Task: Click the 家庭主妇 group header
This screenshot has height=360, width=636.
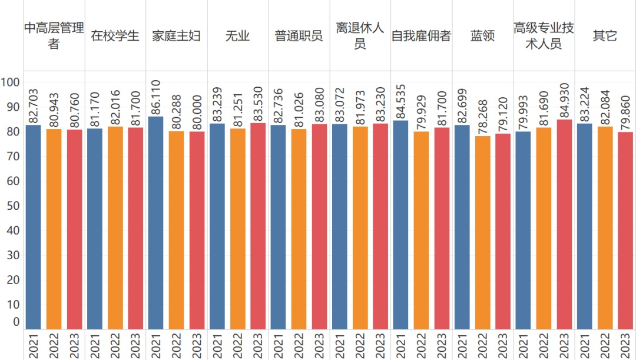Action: (176, 36)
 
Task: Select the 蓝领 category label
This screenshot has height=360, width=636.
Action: (482, 36)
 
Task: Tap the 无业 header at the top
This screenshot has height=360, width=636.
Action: (237, 36)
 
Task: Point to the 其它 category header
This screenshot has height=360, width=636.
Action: (605, 36)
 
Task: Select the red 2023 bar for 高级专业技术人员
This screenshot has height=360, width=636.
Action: (564, 224)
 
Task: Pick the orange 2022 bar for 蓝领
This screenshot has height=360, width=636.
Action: (482, 233)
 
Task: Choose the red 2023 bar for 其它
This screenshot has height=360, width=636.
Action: (625, 230)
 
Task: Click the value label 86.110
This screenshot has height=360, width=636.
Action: (156, 95)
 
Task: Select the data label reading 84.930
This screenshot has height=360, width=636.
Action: (564, 98)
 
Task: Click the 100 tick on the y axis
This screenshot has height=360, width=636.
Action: (11, 82)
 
